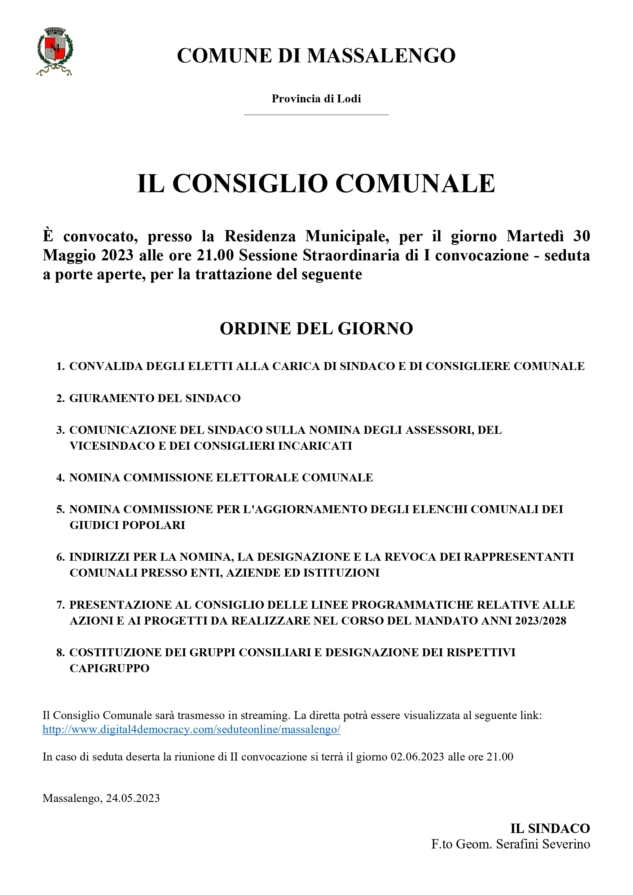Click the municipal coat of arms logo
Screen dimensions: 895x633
pos(54,51)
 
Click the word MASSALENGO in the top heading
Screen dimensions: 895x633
pos(382,56)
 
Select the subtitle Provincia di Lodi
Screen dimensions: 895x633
pos(316,98)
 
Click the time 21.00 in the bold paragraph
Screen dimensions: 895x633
pos(215,255)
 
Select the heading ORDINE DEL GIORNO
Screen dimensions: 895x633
pos(316,329)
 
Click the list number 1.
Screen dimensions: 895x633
pos(60,366)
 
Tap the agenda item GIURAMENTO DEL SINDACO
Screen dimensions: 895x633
pos(155,398)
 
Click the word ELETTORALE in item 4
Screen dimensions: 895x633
pos(257,477)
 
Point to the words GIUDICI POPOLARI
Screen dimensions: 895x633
pos(127,525)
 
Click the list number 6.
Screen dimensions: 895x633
pos(60,557)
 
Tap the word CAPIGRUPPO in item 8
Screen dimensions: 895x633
pos(110,669)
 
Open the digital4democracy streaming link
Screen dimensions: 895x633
pos(191,730)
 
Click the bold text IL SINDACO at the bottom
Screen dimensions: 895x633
pos(550,828)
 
